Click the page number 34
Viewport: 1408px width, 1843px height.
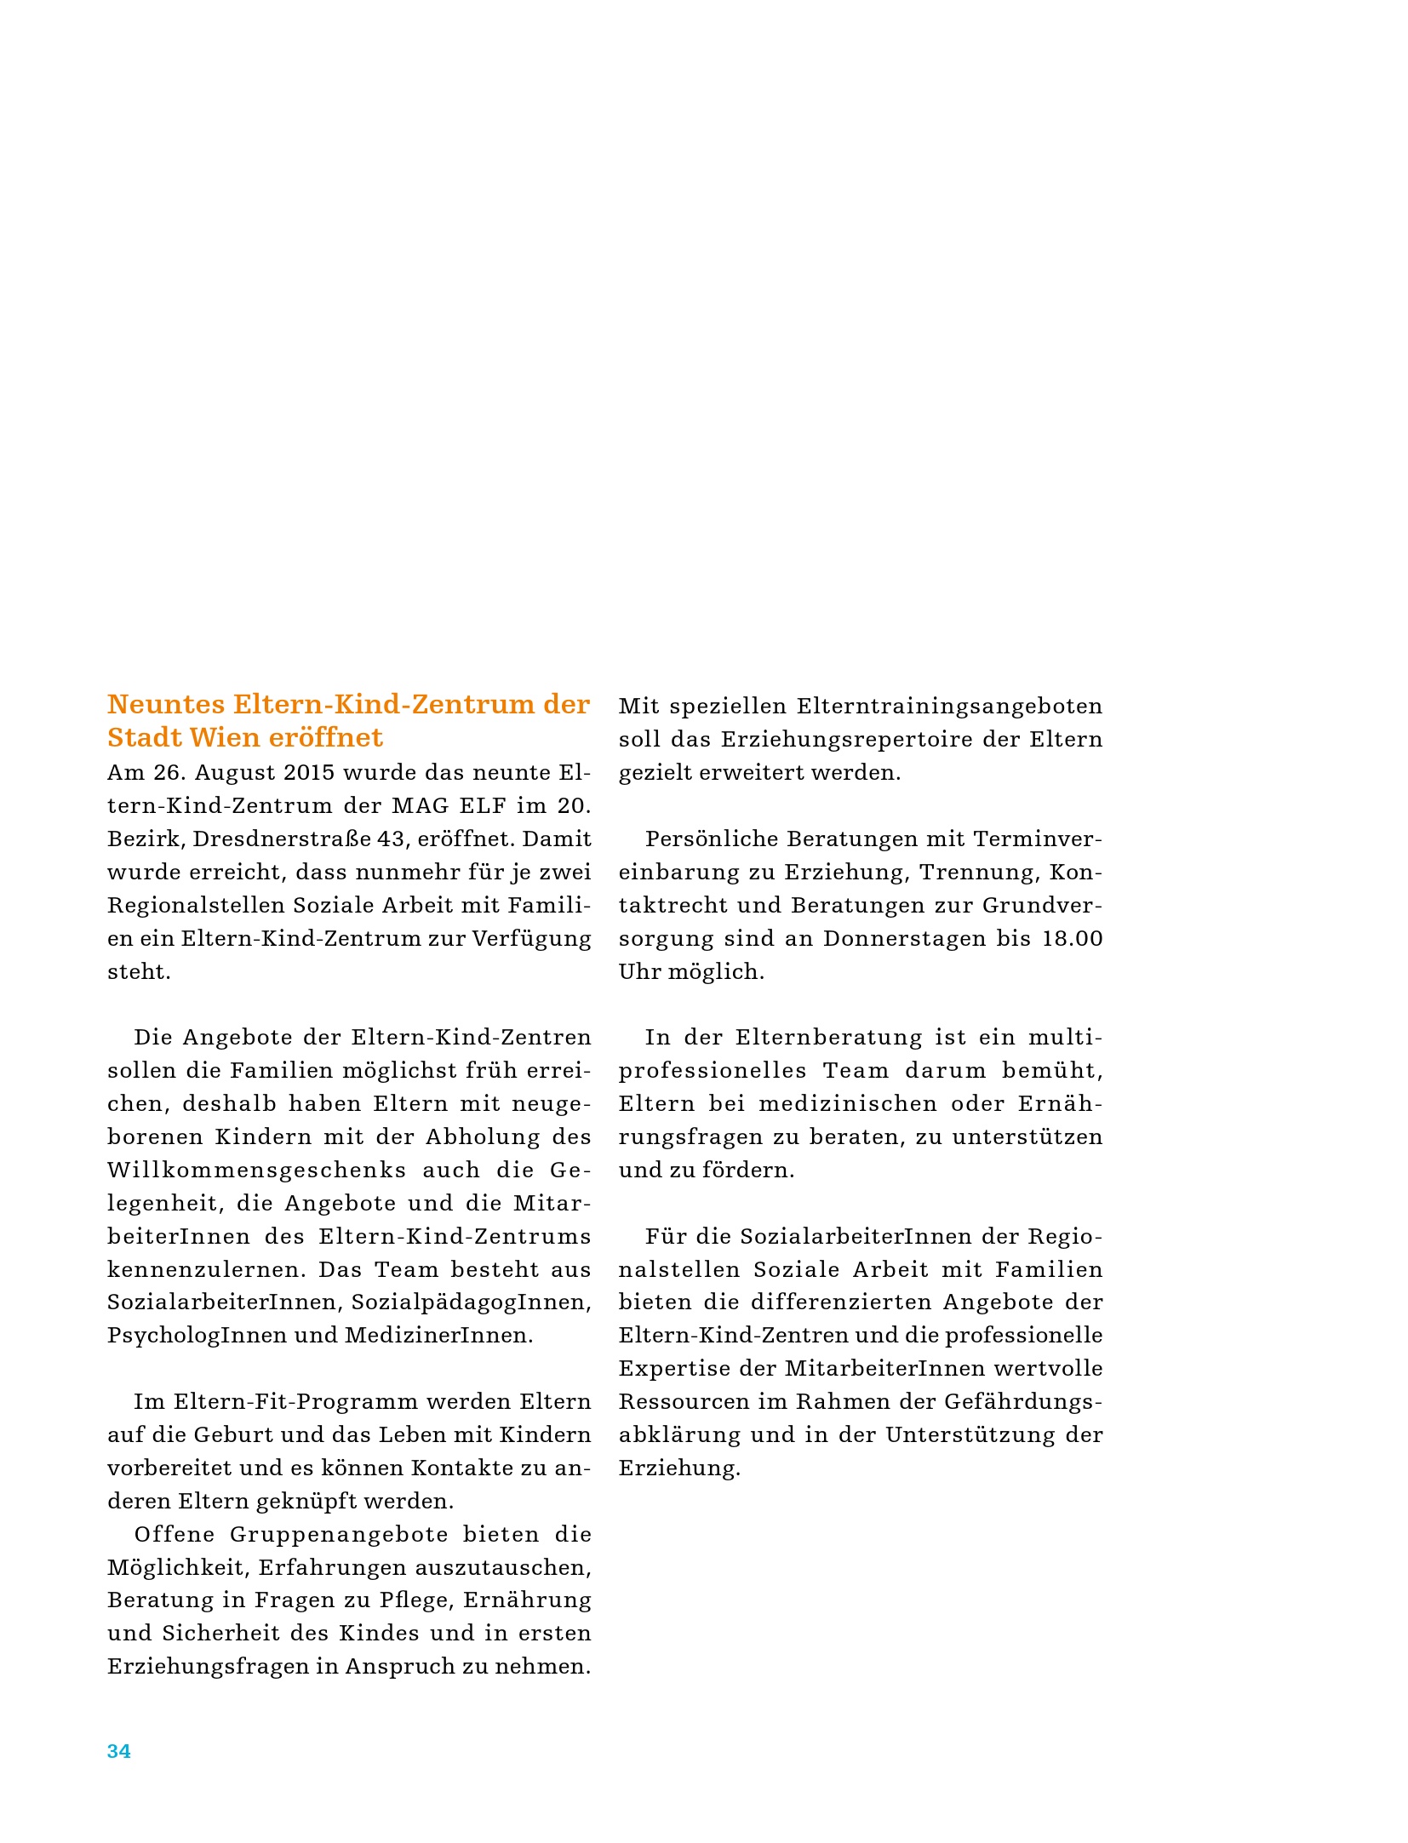[118, 1751]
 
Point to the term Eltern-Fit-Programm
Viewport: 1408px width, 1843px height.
[276, 1402]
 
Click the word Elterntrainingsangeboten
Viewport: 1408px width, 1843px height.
[949, 707]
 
